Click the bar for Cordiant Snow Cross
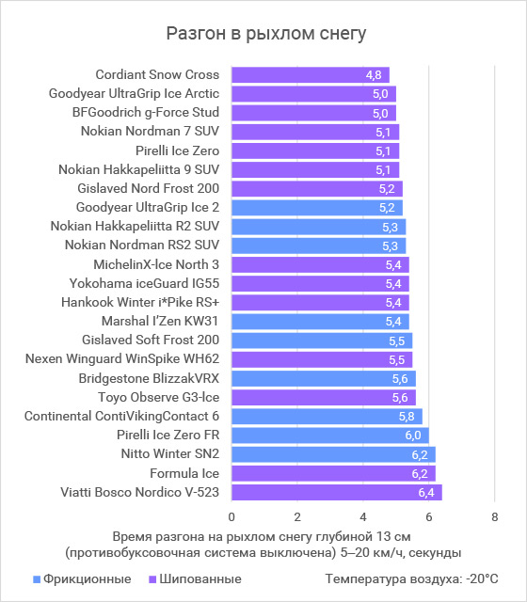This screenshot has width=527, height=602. pos(311,75)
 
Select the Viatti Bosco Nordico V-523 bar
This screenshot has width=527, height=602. pos(337,492)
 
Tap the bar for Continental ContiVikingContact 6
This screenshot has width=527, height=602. pos(327,416)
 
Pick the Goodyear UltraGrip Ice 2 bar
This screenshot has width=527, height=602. pos(317,208)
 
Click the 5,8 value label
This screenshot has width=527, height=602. pos(407,417)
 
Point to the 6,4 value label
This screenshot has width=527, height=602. pos(426,493)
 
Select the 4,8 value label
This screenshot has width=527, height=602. pos(374,75)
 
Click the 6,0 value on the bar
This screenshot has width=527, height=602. pos(413,436)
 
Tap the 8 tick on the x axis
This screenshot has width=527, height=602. pos(495,517)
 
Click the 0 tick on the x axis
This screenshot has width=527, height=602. pos(232,517)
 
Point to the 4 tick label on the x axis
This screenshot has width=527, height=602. pos(363,517)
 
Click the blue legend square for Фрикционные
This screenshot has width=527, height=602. pos(37,579)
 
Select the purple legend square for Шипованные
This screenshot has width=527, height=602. pos(152,579)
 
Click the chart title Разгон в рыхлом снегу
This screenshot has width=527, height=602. pos(265,34)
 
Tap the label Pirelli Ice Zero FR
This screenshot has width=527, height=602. pos(168,435)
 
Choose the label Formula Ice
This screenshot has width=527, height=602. pos(184,473)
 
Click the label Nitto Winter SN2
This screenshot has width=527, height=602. pos(170,453)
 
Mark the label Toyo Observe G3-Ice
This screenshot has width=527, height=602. pos(159,397)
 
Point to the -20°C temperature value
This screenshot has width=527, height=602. pos(482,579)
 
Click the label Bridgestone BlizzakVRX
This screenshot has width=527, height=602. pos(149,378)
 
